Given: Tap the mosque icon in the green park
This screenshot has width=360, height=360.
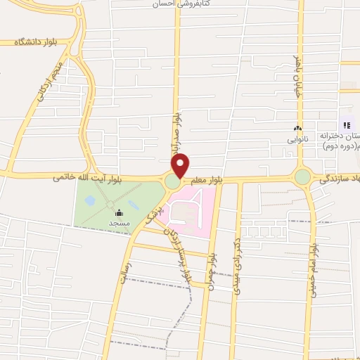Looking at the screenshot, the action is (118, 212).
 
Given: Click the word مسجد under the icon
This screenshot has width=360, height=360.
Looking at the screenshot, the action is (118, 223).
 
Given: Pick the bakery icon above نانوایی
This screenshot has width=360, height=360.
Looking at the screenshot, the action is (297, 129).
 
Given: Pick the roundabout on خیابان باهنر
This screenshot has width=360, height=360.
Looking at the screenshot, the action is (302, 177).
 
